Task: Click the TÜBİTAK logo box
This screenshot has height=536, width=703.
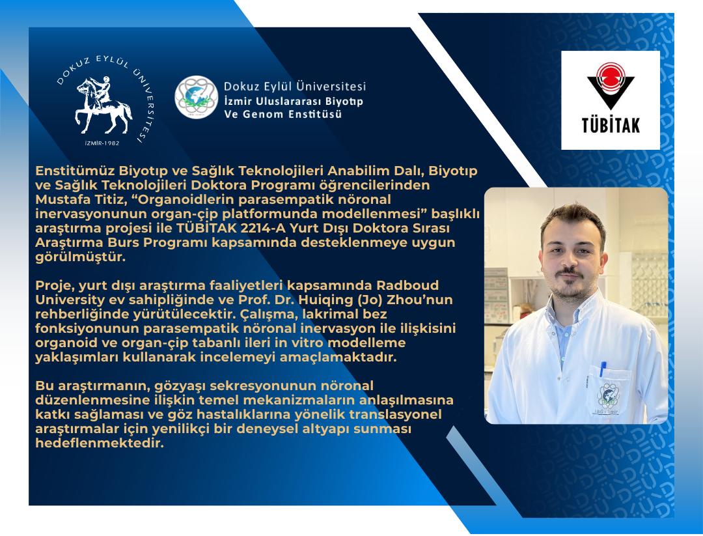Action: click(610, 100)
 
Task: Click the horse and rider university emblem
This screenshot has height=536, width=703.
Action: click(103, 104)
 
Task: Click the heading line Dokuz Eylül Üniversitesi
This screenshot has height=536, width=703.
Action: click(294, 86)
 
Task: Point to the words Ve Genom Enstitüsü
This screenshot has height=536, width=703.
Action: click(282, 114)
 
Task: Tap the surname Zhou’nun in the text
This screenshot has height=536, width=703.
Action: click(417, 299)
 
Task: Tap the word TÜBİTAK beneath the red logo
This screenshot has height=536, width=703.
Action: click(610, 124)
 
